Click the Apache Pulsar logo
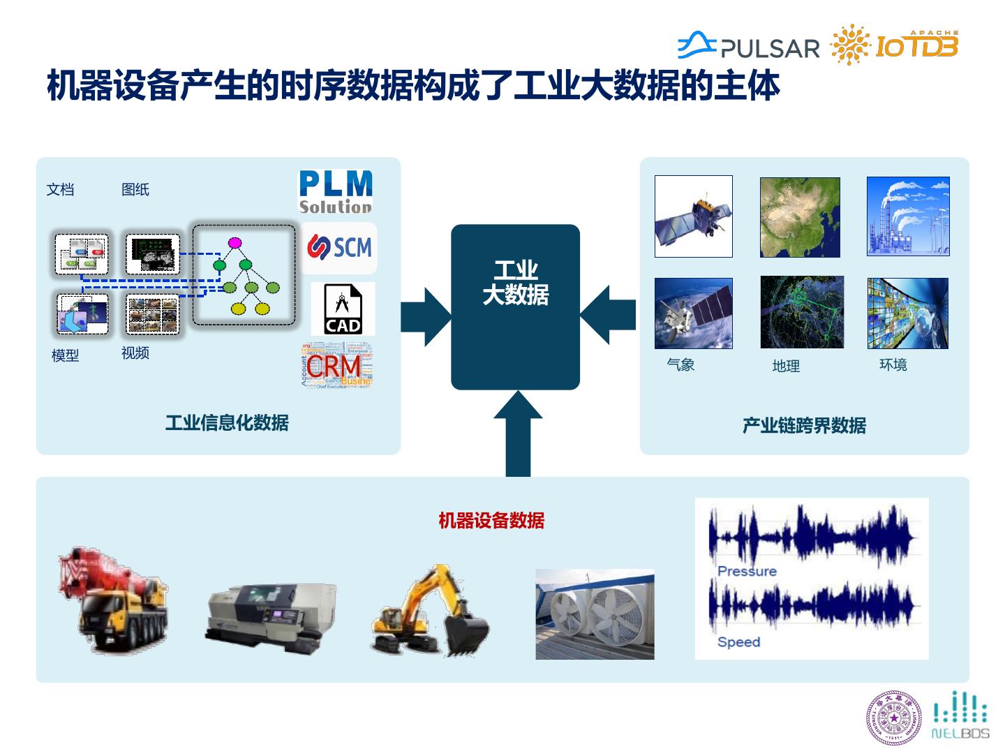click(748, 46)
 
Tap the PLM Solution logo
click(336, 191)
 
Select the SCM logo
click(339, 248)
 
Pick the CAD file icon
click(343, 309)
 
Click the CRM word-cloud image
click(337, 364)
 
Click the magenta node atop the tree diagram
click(234, 243)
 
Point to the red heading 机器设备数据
click(491, 520)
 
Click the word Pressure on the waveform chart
click(747, 571)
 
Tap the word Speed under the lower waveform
click(738, 642)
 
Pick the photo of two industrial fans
click(595, 614)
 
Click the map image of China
click(799, 217)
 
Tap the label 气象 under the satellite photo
click(680, 364)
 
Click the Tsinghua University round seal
click(894, 718)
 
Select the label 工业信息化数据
click(227, 422)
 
